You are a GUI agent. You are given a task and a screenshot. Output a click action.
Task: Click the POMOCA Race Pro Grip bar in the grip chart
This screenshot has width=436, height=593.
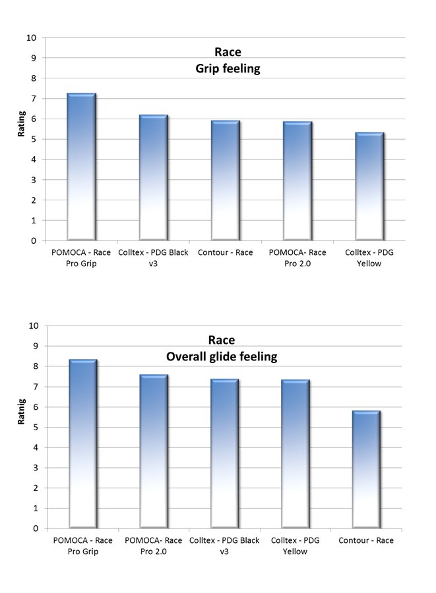82,167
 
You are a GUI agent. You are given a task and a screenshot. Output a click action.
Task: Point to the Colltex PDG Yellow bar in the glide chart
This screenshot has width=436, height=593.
295,454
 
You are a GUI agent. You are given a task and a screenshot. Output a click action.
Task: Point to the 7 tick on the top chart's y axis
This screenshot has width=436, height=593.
32,99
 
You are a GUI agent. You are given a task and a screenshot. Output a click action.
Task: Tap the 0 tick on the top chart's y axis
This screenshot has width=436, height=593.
32,240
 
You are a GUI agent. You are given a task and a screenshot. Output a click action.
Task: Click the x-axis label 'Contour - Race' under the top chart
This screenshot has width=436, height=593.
224,252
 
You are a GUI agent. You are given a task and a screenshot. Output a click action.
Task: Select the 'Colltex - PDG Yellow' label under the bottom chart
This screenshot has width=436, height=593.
295,546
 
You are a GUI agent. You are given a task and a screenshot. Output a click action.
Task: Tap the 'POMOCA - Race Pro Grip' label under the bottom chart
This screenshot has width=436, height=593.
82,546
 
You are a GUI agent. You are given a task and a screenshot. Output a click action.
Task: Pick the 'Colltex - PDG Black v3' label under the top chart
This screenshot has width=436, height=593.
153,258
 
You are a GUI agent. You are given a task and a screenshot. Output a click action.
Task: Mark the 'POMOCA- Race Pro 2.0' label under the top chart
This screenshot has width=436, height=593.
296,258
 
